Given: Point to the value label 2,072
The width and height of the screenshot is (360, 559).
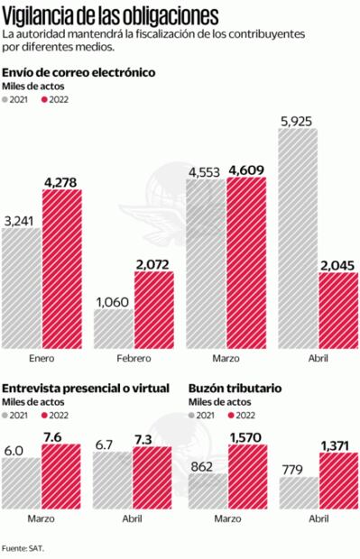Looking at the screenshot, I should click(x=155, y=263).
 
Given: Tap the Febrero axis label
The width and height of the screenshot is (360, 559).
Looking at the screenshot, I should click(x=134, y=359).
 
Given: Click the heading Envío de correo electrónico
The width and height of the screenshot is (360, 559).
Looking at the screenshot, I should click(x=79, y=72).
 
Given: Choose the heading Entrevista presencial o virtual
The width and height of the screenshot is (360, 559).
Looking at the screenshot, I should click(x=86, y=387).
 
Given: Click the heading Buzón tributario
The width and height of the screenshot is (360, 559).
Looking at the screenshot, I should click(x=235, y=387).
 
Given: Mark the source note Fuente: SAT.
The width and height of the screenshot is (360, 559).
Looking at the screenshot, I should click(x=23, y=546).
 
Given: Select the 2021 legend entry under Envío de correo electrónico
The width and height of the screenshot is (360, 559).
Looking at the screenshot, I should click(x=18, y=100).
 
